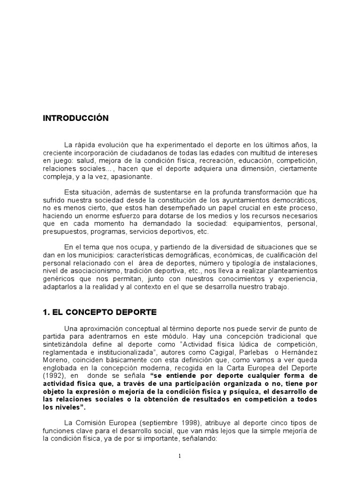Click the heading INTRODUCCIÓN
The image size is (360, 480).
(x=75, y=119)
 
